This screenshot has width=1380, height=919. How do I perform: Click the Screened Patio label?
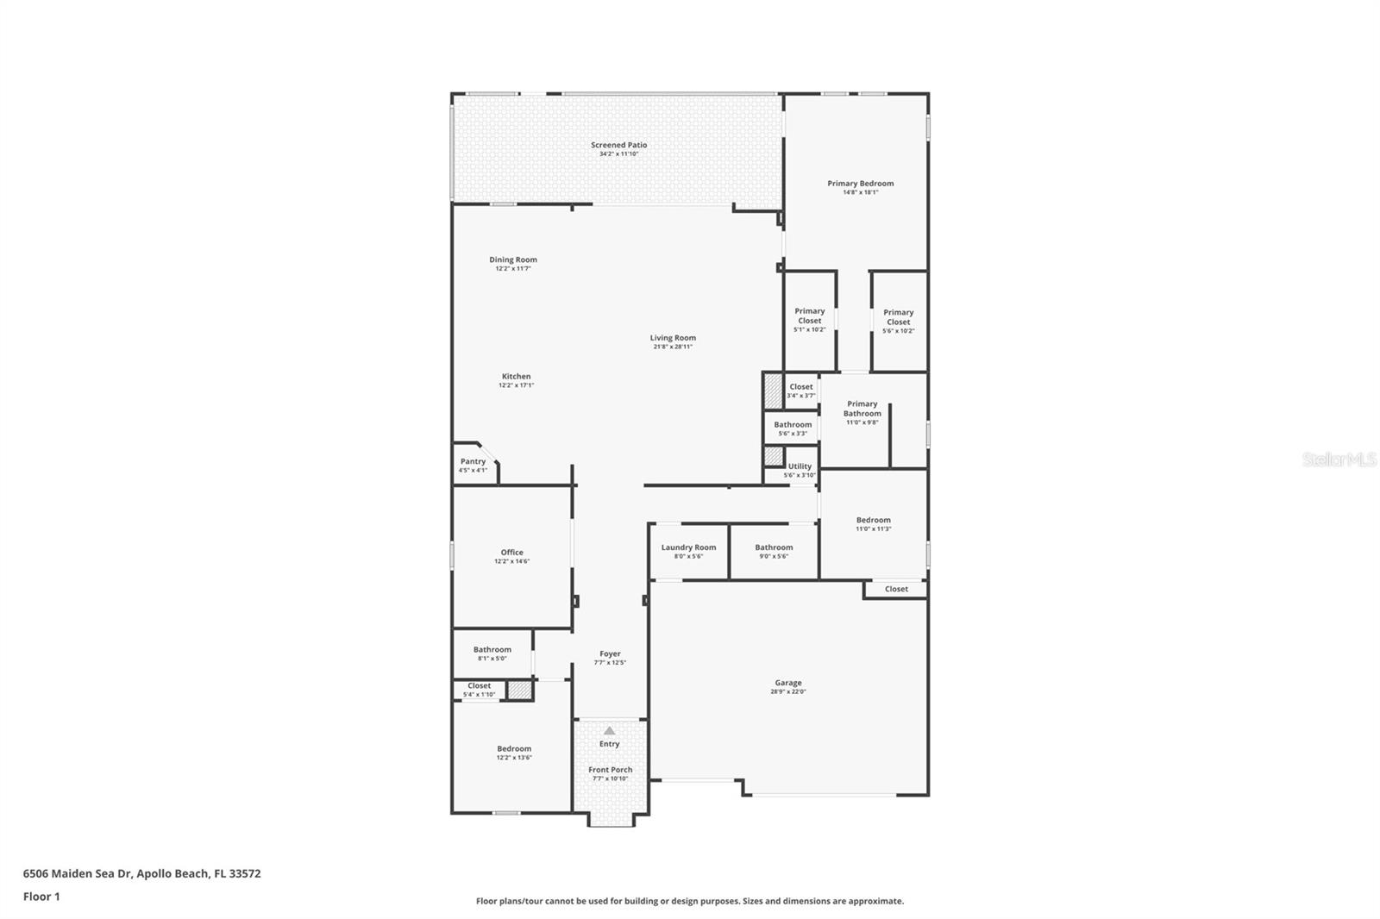618,145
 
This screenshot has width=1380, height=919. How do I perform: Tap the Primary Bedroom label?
860,183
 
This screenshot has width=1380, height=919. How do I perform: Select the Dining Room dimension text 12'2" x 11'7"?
513,269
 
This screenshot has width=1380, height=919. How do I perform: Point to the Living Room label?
673,338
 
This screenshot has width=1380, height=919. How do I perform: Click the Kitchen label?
516,376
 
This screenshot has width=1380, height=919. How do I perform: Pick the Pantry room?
473,465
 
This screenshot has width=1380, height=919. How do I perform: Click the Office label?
511,553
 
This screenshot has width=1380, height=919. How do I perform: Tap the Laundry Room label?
688,547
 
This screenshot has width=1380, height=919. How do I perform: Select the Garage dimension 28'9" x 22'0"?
787,691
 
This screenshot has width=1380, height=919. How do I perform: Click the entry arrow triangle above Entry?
610,730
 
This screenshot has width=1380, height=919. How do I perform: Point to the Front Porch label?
610,770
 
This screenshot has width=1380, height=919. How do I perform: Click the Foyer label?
610,653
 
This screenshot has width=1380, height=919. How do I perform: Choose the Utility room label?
800,466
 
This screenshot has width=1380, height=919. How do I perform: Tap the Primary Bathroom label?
862,409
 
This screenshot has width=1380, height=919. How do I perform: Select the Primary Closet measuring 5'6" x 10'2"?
898,321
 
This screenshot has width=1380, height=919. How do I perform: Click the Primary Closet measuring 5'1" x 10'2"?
809,319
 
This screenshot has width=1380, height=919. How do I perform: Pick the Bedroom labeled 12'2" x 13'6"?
514,753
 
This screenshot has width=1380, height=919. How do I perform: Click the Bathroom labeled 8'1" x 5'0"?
492,653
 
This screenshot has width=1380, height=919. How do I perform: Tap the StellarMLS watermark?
1339,460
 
